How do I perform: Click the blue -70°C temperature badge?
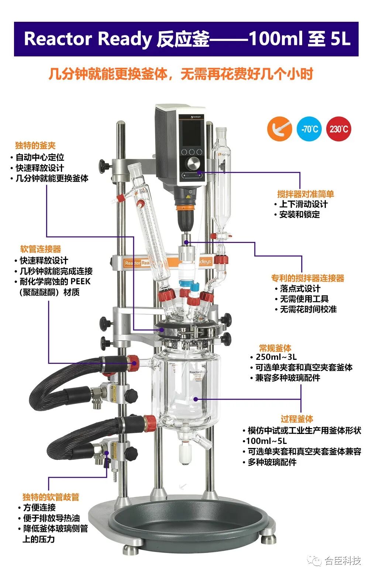pos(309,129)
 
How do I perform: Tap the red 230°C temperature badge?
pos(339,129)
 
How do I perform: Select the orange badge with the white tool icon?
pos(280,129)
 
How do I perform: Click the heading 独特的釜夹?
pos(35,146)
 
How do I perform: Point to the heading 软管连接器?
pos(41,249)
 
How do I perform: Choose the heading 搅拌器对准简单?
pos(305,194)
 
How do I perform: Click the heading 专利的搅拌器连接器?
pos(308,278)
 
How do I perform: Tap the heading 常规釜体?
pos(275,348)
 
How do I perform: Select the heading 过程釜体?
pos(297,419)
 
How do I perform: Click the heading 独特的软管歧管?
pos(51,497)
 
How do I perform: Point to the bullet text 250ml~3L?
pos(276,357)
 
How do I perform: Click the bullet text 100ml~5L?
pos(266,441)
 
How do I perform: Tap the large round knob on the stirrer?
pos(192,163)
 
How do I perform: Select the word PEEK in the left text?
pos(80,281)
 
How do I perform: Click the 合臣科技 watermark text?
pos(343,560)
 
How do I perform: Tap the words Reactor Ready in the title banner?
pos(88,39)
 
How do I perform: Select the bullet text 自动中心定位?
pos(40,157)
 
